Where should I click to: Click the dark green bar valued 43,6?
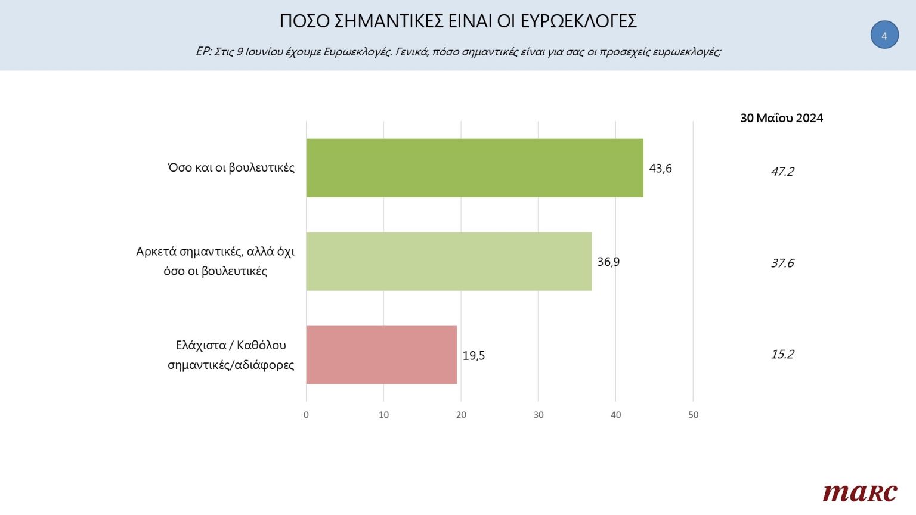475,168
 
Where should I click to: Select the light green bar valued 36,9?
448,262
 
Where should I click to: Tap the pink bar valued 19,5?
382,355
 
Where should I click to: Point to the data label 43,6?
660,169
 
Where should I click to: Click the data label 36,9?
608,262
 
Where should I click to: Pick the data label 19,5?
474,356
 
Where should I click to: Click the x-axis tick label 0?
306,415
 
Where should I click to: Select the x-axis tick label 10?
383,415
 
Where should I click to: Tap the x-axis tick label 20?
461,415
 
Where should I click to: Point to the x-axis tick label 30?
539,415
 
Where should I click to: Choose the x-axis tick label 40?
615,415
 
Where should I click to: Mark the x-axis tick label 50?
693,415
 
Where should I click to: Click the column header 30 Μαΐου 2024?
781,118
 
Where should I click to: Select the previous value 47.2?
782,172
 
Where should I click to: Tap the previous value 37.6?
782,263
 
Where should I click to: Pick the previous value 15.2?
782,355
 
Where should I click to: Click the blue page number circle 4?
884,35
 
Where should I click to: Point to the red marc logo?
859,493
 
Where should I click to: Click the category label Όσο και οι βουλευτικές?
231,168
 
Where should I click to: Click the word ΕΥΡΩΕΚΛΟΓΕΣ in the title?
578,21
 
